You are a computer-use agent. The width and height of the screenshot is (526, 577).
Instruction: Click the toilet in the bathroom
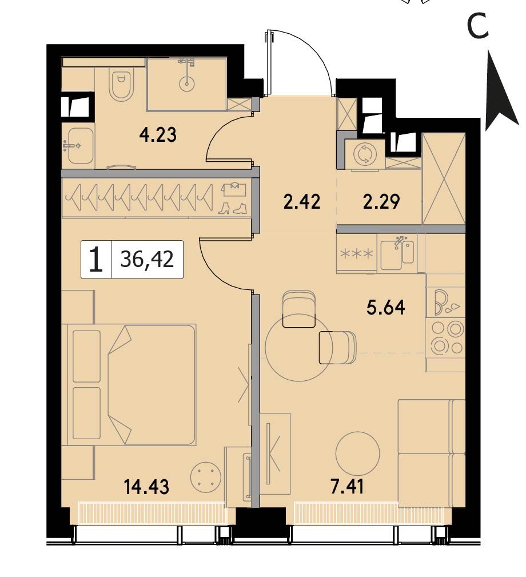(121, 85)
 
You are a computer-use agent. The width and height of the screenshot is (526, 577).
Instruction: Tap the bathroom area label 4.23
(158, 135)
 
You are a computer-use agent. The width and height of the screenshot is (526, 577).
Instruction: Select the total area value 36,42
(147, 259)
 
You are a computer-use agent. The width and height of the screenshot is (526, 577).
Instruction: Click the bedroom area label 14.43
(146, 487)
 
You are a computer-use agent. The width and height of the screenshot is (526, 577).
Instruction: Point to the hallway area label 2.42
(302, 202)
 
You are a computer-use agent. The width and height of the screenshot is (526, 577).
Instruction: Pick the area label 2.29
(381, 202)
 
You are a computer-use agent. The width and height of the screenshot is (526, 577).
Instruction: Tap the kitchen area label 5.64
(385, 307)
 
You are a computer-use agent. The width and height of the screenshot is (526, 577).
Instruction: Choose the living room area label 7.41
(347, 487)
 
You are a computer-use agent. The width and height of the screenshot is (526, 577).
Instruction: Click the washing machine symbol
(365, 154)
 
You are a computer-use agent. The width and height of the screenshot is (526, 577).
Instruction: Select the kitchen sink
(397, 254)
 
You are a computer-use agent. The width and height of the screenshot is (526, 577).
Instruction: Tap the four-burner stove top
(446, 337)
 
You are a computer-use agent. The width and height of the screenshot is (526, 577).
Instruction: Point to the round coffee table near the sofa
(357, 453)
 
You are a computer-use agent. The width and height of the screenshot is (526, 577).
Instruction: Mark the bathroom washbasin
(80, 146)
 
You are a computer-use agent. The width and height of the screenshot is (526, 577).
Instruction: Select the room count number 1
(96, 260)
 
